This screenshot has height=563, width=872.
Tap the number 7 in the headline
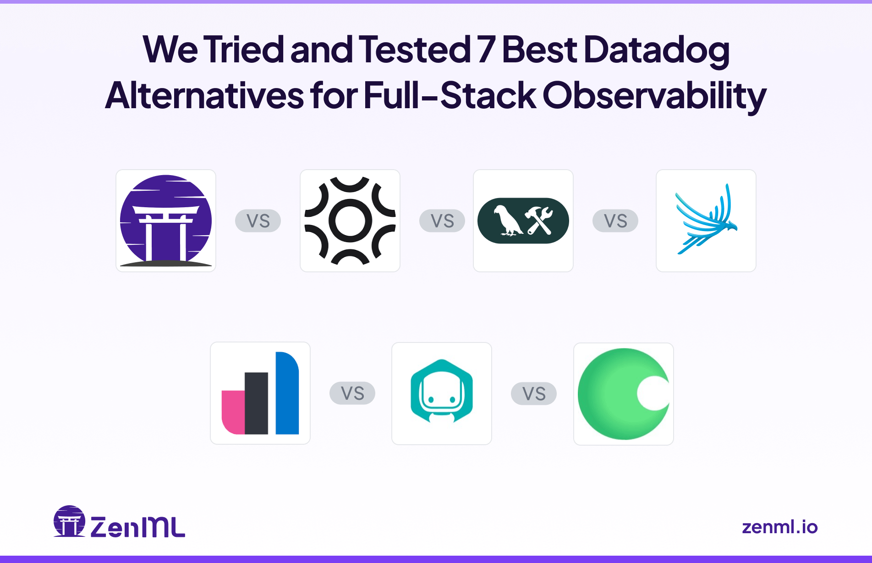tap(486, 50)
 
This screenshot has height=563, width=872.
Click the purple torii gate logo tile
tap(166, 221)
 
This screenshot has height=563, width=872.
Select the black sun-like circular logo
tap(350, 221)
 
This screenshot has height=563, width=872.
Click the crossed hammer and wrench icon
tap(539, 221)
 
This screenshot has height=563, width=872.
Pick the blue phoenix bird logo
tap(706, 219)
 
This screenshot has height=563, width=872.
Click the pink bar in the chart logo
tap(233, 412)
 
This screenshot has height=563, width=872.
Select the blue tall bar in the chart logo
tap(287, 393)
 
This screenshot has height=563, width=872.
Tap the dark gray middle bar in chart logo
tap(256, 403)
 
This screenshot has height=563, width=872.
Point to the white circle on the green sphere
tap(653, 393)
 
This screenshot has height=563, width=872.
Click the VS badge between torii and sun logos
tap(258, 221)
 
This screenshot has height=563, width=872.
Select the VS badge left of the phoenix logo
tap(615, 221)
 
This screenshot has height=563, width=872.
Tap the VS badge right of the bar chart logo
tap(352, 393)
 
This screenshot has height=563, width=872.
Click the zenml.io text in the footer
tap(779, 527)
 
